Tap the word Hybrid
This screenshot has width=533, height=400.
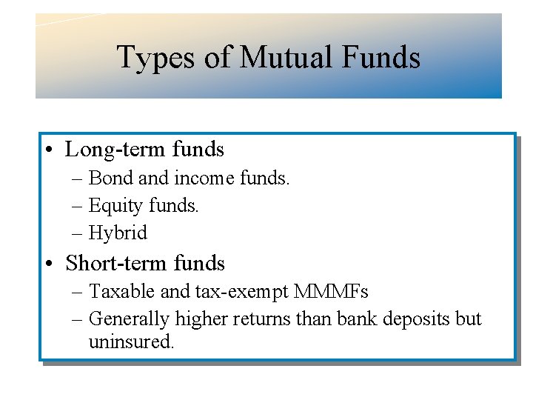click(118, 233)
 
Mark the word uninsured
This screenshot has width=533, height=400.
click(130, 342)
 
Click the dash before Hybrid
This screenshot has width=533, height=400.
click(78, 233)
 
